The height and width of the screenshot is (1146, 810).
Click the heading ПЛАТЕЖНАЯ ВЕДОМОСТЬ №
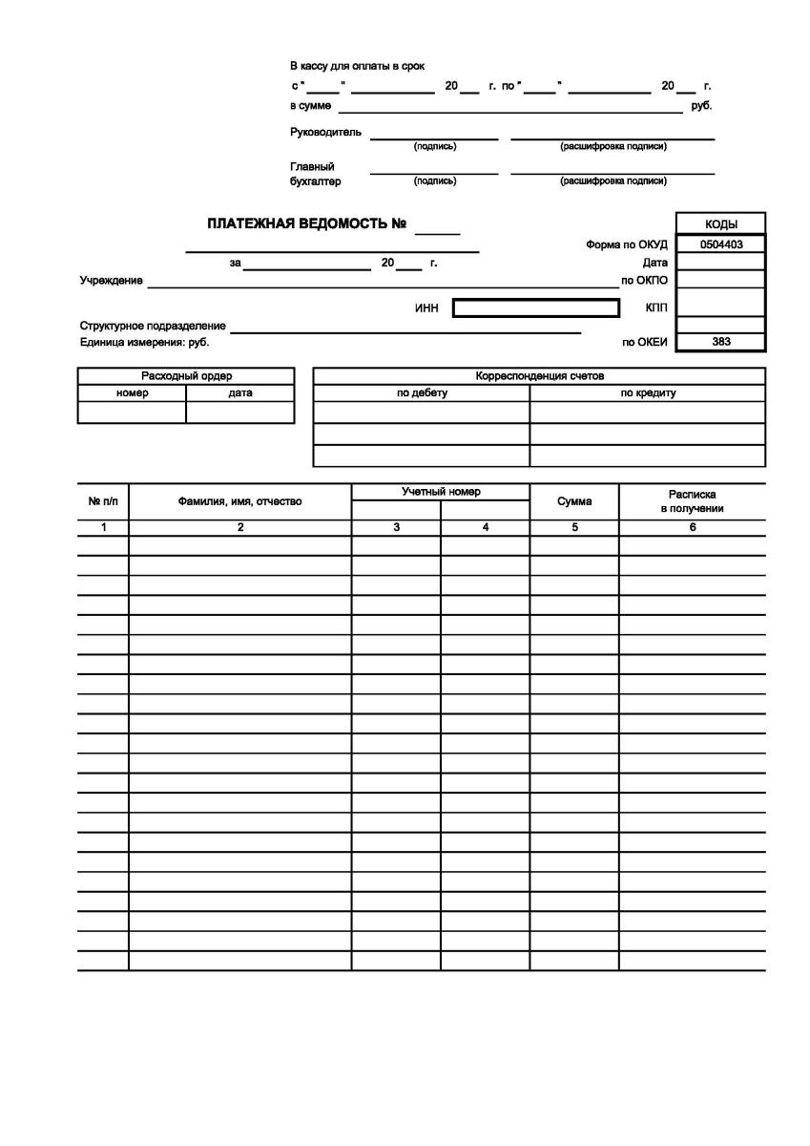[x=307, y=225]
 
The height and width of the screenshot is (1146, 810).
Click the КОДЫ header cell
[x=720, y=224]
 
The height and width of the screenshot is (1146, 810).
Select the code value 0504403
[x=720, y=244]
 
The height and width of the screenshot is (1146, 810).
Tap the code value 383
[x=720, y=341]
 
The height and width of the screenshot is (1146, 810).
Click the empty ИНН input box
[x=535, y=308]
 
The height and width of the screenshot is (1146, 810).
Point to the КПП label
[x=656, y=308]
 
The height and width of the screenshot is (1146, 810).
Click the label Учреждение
[x=112, y=281]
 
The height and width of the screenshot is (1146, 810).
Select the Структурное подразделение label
[x=153, y=327]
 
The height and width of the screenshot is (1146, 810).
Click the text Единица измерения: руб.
[x=144, y=341]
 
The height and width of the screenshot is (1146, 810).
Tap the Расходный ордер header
[x=186, y=376]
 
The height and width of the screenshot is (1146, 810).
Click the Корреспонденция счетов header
[x=539, y=376]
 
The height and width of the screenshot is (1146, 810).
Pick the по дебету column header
[x=422, y=393]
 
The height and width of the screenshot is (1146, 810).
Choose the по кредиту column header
[x=648, y=393]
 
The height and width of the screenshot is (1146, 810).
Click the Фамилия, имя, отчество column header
[x=239, y=501]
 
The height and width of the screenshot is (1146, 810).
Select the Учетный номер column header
[x=440, y=492]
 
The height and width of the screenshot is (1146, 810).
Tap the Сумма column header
[x=574, y=501]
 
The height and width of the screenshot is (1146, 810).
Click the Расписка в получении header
[x=692, y=501]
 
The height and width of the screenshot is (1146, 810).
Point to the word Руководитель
[x=325, y=132]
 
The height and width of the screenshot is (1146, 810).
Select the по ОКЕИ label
[x=644, y=342]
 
